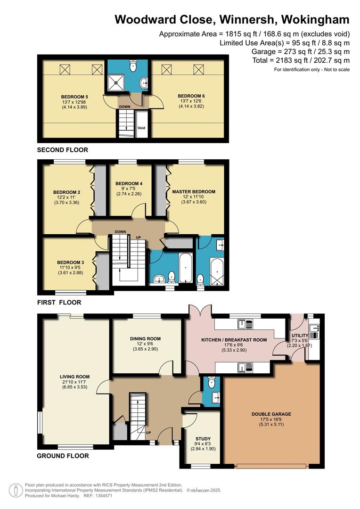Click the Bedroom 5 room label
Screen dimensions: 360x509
point(74,97)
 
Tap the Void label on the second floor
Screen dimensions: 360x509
point(141,128)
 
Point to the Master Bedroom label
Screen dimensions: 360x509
point(194,191)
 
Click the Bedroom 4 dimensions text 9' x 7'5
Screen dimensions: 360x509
point(129,189)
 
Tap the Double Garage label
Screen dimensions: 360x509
point(271,414)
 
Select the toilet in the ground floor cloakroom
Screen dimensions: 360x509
point(212,382)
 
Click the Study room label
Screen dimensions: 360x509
point(203,439)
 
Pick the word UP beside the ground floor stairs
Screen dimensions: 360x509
point(148,433)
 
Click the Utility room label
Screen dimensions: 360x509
point(300,336)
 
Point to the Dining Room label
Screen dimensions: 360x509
point(146,338)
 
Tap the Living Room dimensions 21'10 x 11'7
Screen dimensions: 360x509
point(74,382)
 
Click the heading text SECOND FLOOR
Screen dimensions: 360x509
point(63,150)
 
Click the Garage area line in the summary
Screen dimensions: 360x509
point(301,51)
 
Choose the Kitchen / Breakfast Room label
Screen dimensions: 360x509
point(234,340)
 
